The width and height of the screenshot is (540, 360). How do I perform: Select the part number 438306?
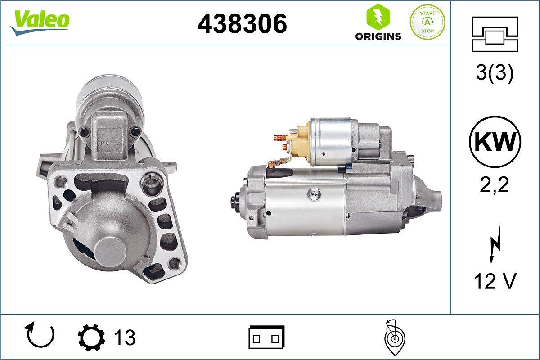pos(242,23)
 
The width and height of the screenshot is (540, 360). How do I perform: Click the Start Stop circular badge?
pos(427,22)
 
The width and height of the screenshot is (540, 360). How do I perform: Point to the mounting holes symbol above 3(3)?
pos(495,34)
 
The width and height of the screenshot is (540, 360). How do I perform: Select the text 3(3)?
pos(495,74)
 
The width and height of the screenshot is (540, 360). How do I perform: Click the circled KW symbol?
pos(495,142)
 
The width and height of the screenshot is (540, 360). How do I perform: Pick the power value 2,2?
pos(495,184)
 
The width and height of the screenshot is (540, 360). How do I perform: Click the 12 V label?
pos(495,282)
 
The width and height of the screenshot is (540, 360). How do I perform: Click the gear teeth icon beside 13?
pos(92,337)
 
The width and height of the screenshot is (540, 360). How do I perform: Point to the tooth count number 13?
pos(125,337)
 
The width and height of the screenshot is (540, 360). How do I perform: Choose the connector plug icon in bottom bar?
pos(266,337)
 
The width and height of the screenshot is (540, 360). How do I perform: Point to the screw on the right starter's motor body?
pos(313,193)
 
